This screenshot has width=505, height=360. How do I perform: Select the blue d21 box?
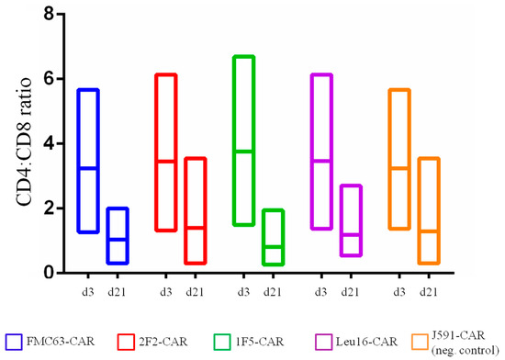click(117, 236)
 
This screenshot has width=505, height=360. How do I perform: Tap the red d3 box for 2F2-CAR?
click(164, 152)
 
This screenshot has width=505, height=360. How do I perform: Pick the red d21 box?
click(194, 211)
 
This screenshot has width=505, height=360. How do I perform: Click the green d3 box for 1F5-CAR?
click(242, 141)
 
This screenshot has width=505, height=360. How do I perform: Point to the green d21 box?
click(272, 237)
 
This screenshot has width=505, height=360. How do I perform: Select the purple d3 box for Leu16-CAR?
click(321, 152)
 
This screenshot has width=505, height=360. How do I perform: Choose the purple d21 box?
click(350, 220)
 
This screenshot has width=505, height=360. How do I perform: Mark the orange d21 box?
click(428, 211)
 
